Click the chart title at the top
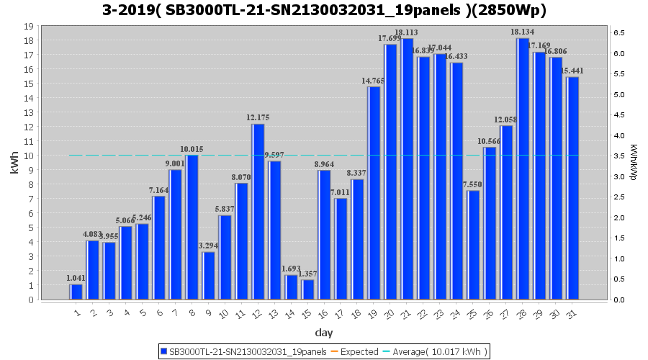[324, 10]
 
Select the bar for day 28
[523, 169]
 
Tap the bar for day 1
[76, 292]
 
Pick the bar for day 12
[258, 212]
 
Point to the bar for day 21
[408, 169]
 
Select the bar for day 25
[473, 245]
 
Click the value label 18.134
[523, 32]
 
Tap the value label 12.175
[258, 117]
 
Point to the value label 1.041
[76, 278]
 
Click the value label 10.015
[192, 149]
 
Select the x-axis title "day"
[323, 333]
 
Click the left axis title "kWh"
[15, 163]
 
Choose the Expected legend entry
[359, 351]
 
